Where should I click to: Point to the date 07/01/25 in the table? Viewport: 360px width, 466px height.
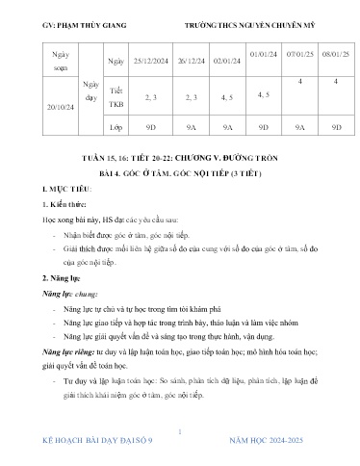[x=299, y=56]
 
